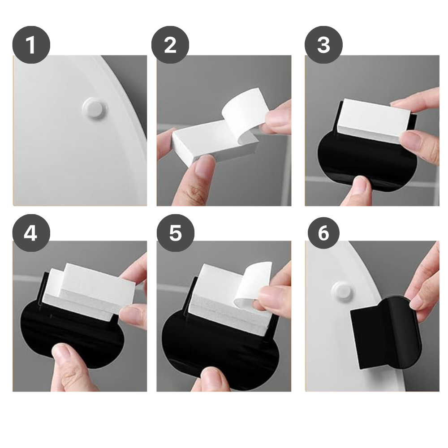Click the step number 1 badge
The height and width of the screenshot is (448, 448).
pos(31,46)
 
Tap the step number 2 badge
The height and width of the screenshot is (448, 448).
pos(170,46)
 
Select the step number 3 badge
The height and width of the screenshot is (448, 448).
pos(323,46)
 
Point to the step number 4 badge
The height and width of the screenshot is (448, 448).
pos(31,233)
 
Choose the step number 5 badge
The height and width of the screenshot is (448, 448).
pos(175,233)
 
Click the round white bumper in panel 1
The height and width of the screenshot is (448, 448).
pos(93,108)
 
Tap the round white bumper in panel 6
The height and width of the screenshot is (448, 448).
pos(342,292)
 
